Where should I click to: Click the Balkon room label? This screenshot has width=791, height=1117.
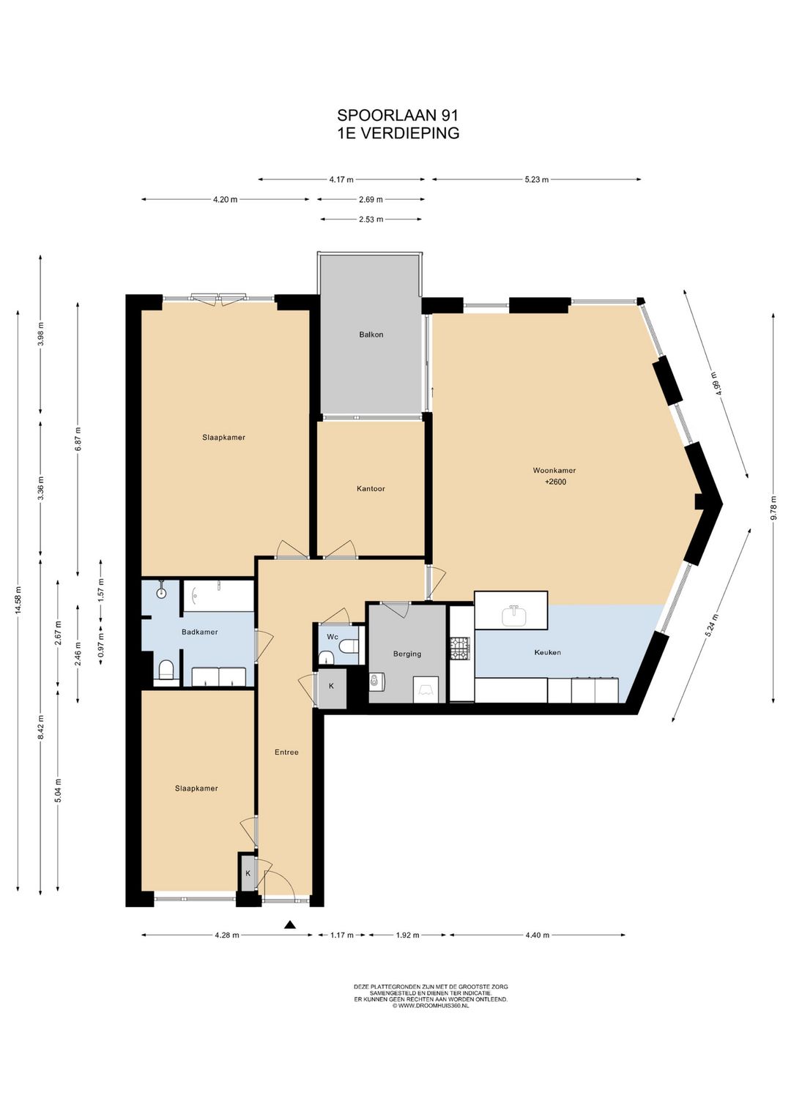coord(371,335)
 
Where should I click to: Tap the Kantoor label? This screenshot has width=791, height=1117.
coord(371,489)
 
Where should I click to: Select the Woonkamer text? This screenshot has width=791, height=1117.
coord(554,470)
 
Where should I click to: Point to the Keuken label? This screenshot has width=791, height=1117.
coord(547,652)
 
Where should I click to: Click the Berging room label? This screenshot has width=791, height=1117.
coord(407,654)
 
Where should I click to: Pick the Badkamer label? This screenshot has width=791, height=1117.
coord(200,632)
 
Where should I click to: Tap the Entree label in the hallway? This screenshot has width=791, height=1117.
coord(286,752)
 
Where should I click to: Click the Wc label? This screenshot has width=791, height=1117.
coord(333,638)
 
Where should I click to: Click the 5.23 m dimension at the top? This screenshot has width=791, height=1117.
coord(536,179)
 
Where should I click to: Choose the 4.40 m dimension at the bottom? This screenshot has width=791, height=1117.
coord(538,935)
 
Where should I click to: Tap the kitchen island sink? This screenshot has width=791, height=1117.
coord(513,616)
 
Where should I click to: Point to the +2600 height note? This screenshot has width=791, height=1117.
coord(555,482)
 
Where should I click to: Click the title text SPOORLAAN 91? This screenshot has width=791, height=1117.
coord(398,116)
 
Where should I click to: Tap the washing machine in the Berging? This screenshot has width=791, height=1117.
coord(375,682)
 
